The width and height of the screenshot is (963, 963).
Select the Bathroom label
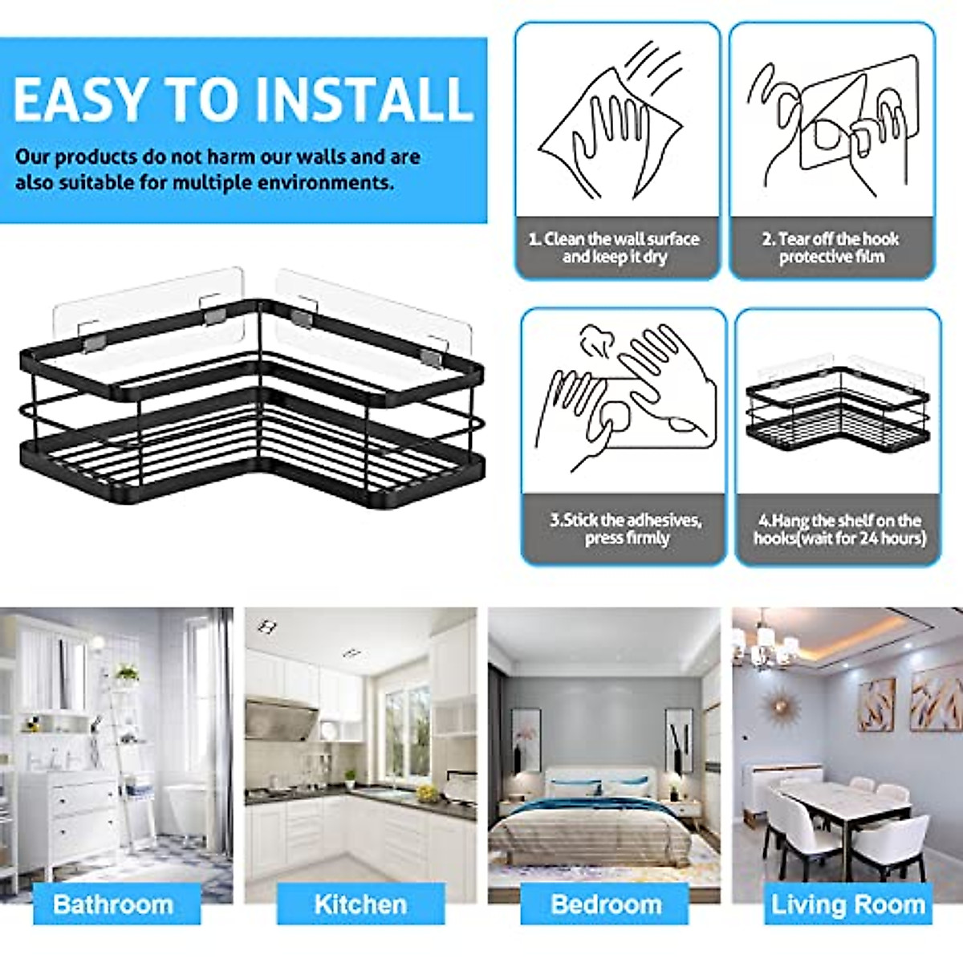click(x=113, y=882)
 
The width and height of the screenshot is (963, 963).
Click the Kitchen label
click(x=360, y=882)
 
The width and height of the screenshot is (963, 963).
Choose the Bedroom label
click(x=607, y=882)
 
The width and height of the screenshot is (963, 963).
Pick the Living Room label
click(x=848, y=882)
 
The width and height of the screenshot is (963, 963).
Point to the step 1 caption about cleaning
click(x=614, y=248)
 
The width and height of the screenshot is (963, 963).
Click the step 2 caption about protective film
click(x=831, y=248)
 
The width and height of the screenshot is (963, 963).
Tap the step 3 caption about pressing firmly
click(x=626, y=529)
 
